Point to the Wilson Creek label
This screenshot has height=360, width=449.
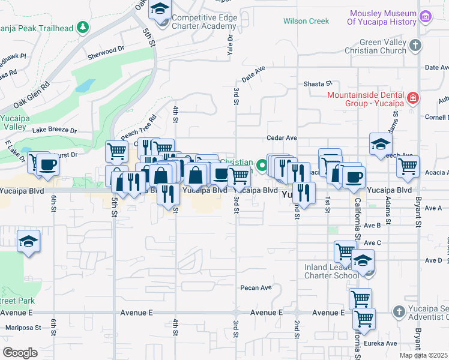click(306, 21)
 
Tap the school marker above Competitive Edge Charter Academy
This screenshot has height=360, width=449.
click(160, 10)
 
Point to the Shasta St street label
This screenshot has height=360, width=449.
click(318, 83)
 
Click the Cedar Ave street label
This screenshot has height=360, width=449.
click(282, 137)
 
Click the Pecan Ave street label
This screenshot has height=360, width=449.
click(256, 287)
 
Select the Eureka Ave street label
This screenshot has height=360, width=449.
click(382, 344)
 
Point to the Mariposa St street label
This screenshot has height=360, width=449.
click(23, 328)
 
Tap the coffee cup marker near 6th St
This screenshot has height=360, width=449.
click(47, 164)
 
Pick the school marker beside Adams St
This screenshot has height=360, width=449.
click(381, 143)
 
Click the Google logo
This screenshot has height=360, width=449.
click(20, 352)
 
